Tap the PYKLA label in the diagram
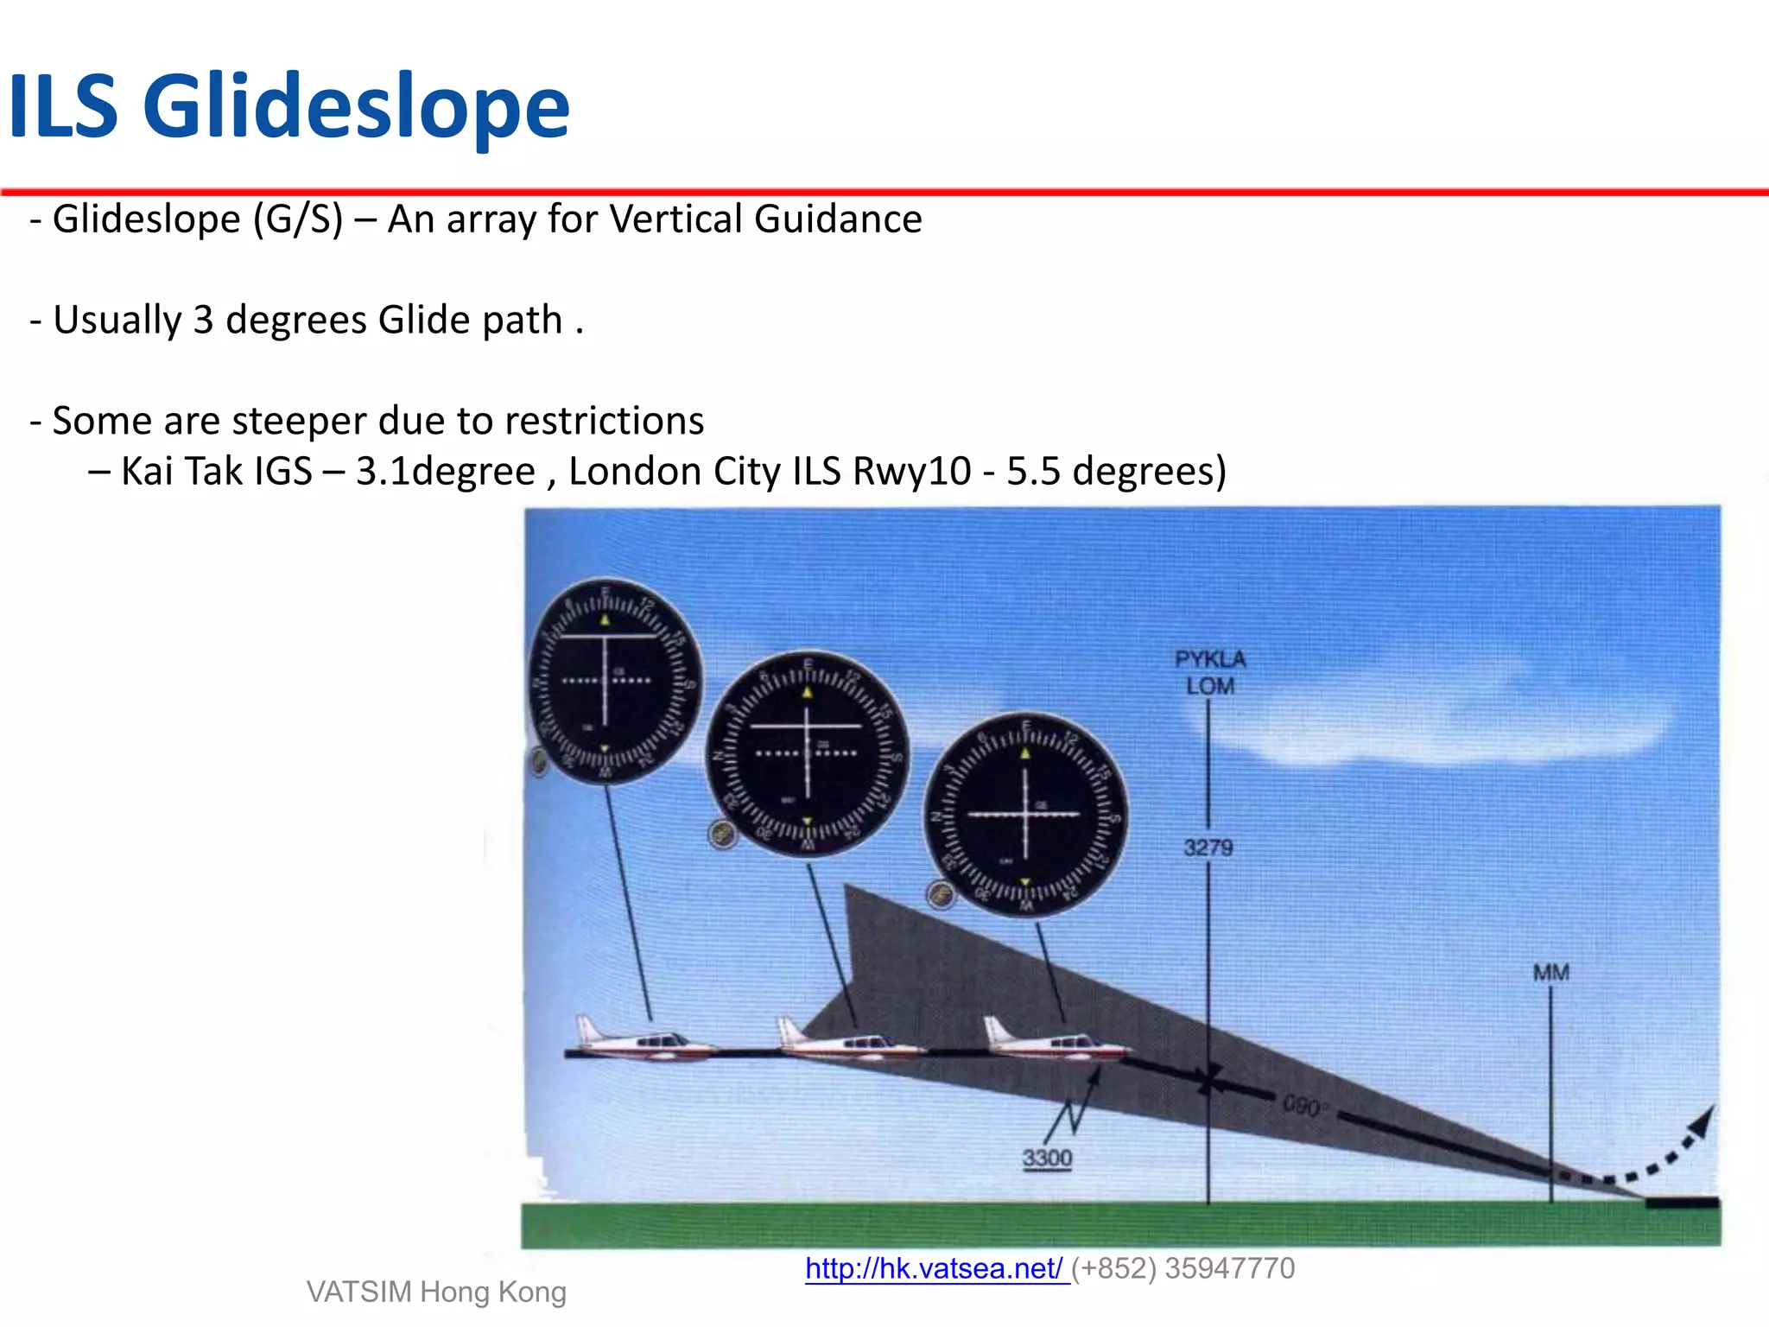tap(1210, 659)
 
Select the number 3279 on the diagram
tap(1208, 848)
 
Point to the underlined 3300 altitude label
tap(1047, 1158)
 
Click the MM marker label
tap(1550, 973)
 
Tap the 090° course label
tap(1303, 1106)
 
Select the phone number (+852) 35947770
tap(1183, 1268)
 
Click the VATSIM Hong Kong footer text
tap(436, 1292)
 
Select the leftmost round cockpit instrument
tap(614, 682)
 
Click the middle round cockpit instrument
tap(808, 754)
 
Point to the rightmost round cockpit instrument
tap(1025, 815)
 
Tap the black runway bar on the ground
tap(1682, 1203)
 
